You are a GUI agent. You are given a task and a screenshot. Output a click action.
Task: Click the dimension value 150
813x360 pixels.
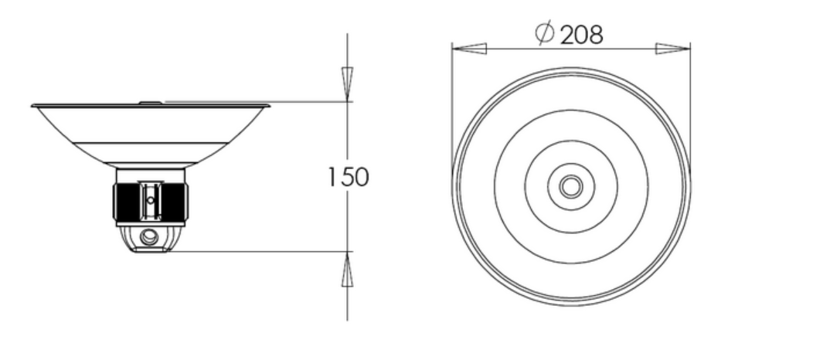pyautogui.click(x=349, y=177)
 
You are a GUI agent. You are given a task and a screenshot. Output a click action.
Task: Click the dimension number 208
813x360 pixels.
pyautogui.click(x=582, y=35)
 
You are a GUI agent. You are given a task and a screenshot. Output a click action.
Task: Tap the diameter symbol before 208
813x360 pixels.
pyautogui.click(x=545, y=32)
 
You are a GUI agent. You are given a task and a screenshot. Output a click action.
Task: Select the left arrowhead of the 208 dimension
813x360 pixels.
pyautogui.click(x=469, y=49)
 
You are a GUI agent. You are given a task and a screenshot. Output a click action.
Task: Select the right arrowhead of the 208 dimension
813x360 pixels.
pyautogui.click(x=672, y=49)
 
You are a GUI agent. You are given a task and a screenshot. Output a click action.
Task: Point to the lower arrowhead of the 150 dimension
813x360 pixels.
pyautogui.click(x=348, y=269)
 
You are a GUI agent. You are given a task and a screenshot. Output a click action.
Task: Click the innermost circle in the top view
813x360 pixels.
pyautogui.click(x=571, y=186)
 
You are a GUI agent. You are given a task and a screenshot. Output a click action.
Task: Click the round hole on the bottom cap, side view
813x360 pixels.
pyautogui.click(x=149, y=236)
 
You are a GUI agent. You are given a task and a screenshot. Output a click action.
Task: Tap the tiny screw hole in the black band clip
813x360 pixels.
pyautogui.click(x=151, y=200)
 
